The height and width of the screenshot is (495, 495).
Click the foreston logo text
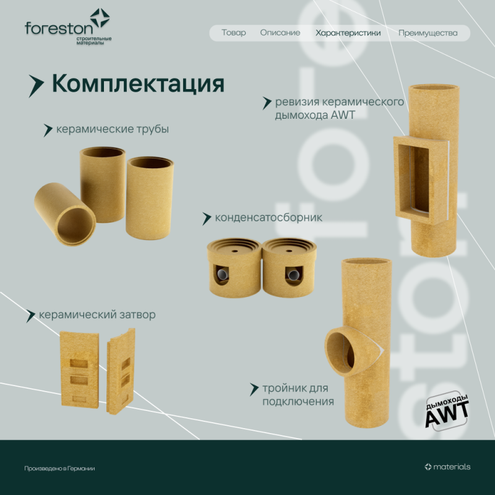click(x=59, y=28)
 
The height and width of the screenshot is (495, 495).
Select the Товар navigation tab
click(x=233, y=33)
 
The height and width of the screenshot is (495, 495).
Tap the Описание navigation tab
click(x=280, y=33)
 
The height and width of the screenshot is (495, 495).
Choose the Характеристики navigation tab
click(x=348, y=33)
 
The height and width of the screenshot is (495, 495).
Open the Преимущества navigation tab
click(x=428, y=33)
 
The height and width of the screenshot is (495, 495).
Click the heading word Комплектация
click(x=137, y=84)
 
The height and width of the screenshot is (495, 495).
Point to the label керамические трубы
click(x=112, y=129)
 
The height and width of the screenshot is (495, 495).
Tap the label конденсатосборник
click(x=268, y=218)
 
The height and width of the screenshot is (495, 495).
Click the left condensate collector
click(x=233, y=266)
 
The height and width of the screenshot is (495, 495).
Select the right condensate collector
click(x=289, y=266)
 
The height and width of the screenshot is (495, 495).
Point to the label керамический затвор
click(x=97, y=315)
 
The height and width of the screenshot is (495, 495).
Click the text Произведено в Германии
click(x=59, y=468)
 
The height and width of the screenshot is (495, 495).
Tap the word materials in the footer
click(x=452, y=467)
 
